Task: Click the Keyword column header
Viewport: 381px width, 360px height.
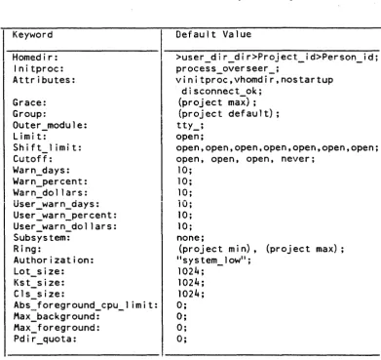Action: coord(32,35)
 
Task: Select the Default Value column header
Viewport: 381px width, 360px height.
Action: coord(213,34)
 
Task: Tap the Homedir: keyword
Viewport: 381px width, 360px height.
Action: coord(35,58)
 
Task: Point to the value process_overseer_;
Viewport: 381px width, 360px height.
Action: coord(228,69)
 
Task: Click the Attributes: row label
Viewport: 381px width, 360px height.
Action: coord(44,80)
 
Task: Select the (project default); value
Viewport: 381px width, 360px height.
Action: coord(229,114)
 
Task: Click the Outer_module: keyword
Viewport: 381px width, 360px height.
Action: coord(50,125)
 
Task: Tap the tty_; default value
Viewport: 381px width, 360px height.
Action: coord(190,125)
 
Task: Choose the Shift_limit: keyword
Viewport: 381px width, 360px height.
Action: coord(47,147)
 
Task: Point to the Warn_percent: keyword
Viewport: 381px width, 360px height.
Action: coord(50,181)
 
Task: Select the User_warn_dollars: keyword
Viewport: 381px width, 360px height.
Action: coord(64,226)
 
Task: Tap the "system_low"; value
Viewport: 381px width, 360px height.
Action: coord(213,260)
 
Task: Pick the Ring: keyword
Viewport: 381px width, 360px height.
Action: coord(27,249)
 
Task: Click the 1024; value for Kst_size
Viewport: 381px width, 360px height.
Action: coord(191,283)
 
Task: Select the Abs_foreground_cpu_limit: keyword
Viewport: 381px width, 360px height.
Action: coord(86,305)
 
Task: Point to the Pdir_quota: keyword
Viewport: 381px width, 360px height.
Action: coord(45,340)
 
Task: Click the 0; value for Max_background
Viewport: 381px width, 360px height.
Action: coord(182,316)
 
